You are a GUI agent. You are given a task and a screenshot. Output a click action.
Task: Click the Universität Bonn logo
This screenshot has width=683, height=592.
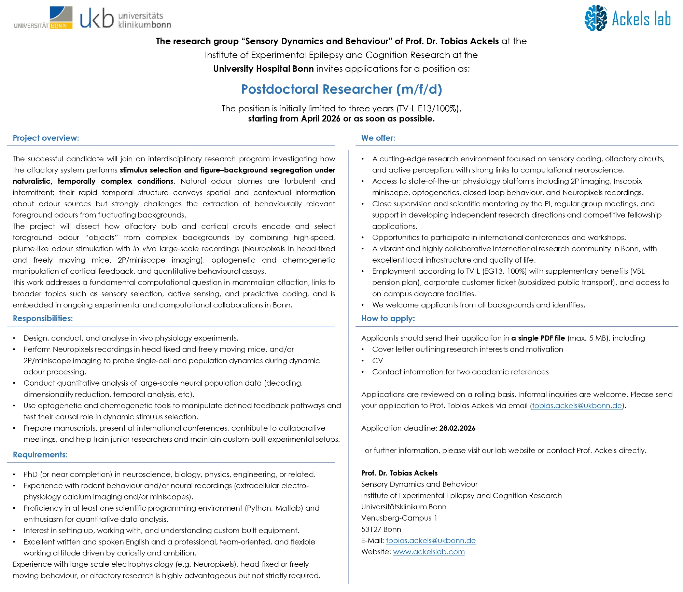(x=43, y=18)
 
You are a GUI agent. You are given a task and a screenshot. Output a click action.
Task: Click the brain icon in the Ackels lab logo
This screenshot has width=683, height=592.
(x=596, y=18)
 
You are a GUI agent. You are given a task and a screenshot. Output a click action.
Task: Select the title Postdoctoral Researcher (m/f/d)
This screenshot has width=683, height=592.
(x=341, y=89)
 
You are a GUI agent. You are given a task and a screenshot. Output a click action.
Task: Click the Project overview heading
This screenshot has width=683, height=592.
(x=46, y=138)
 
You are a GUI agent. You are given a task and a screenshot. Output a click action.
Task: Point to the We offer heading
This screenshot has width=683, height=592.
(x=378, y=138)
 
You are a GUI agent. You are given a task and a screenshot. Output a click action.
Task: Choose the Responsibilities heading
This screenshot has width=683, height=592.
(x=43, y=318)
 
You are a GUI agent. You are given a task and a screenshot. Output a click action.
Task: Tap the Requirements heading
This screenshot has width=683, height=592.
(x=40, y=455)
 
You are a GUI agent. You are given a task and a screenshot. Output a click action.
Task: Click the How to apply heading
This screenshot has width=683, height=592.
(x=388, y=318)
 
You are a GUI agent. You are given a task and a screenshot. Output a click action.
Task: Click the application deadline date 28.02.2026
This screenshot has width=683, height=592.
(x=457, y=428)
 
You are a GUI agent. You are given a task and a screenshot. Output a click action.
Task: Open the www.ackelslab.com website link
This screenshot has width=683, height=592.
(x=429, y=552)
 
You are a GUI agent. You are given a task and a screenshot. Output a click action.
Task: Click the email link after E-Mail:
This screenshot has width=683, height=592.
(x=431, y=540)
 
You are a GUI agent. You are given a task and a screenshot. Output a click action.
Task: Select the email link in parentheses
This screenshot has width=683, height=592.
(x=577, y=405)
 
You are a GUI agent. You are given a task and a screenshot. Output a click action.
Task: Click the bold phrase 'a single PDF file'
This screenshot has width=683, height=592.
(x=538, y=338)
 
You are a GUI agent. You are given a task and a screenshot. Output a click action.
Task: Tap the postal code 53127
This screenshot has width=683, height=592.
(x=371, y=529)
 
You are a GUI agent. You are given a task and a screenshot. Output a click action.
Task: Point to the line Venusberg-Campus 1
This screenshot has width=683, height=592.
(x=399, y=518)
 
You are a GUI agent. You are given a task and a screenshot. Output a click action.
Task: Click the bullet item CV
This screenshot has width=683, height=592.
(x=377, y=361)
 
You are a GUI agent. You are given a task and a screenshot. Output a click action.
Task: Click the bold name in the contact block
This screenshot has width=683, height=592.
(x=399, y=473)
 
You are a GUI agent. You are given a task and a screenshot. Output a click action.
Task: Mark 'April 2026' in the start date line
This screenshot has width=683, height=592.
(x=321, y=119)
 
